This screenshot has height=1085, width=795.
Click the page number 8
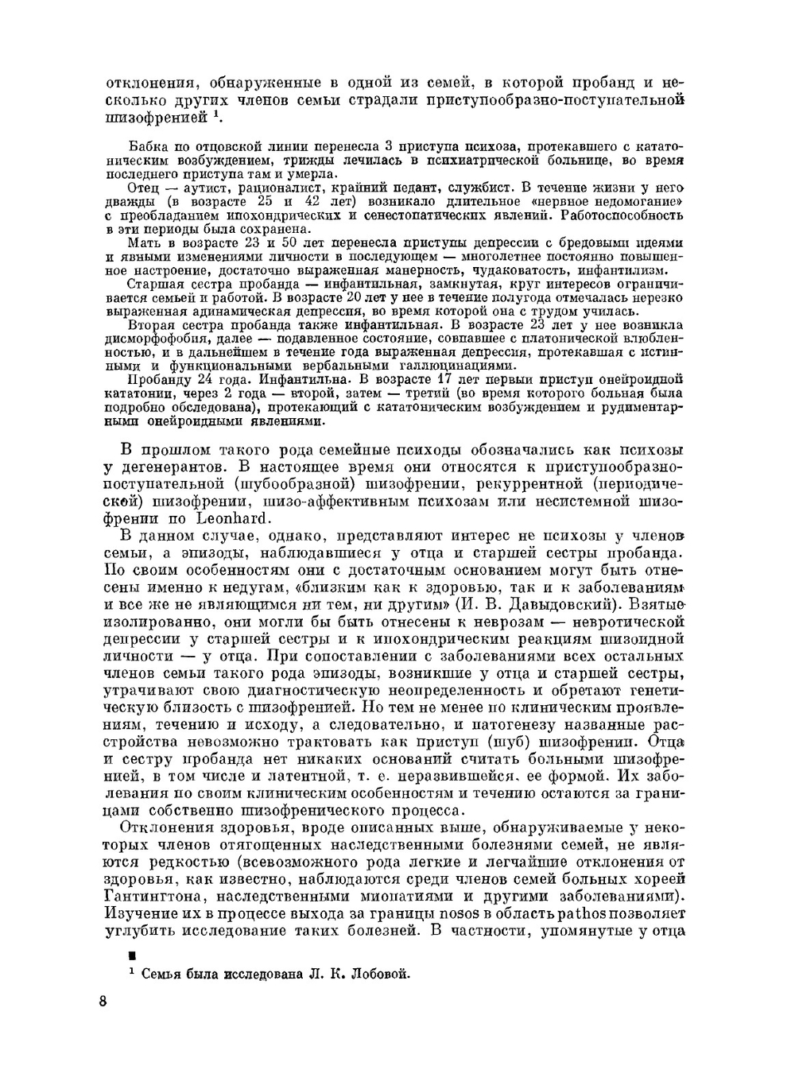(x=103, y=1001)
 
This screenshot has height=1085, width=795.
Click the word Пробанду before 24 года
(x=159, y=379)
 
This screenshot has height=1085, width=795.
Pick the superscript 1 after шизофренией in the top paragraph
(x=215, y=114)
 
